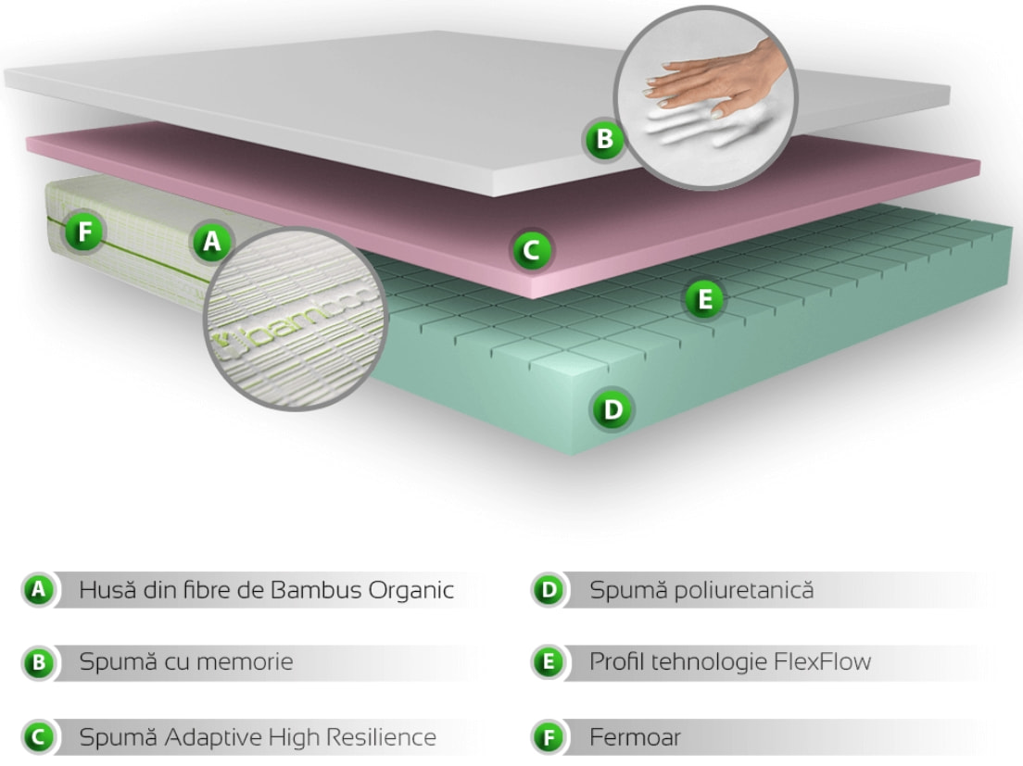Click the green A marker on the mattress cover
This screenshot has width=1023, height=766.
[x=212, y=242]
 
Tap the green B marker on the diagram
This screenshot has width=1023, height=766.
[x=603, y=140]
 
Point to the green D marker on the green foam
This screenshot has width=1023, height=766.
[x=612, y=408]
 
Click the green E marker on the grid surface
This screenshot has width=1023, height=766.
[x=704, y=298]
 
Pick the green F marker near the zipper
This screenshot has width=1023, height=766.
[x=85, y=232]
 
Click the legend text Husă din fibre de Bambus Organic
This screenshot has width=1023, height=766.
[x=267, y=590]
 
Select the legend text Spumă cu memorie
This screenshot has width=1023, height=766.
[x=186, y=662]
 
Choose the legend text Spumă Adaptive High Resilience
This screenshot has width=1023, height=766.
[x=258, y=737]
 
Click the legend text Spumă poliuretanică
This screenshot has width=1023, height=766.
[x=701, y=590]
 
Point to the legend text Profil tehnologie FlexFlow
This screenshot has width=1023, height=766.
[x=730, y=662]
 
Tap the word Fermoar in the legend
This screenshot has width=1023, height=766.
[x=635, y=737]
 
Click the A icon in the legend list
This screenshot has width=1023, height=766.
[x=37, y=589]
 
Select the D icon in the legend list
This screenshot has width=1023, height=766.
[x=548, y=590]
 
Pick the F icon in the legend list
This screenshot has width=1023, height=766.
[x=548, y=738]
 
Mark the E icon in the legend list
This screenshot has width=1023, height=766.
[x=548, y=663]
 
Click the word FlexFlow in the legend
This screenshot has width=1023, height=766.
[x=823, y=662]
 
